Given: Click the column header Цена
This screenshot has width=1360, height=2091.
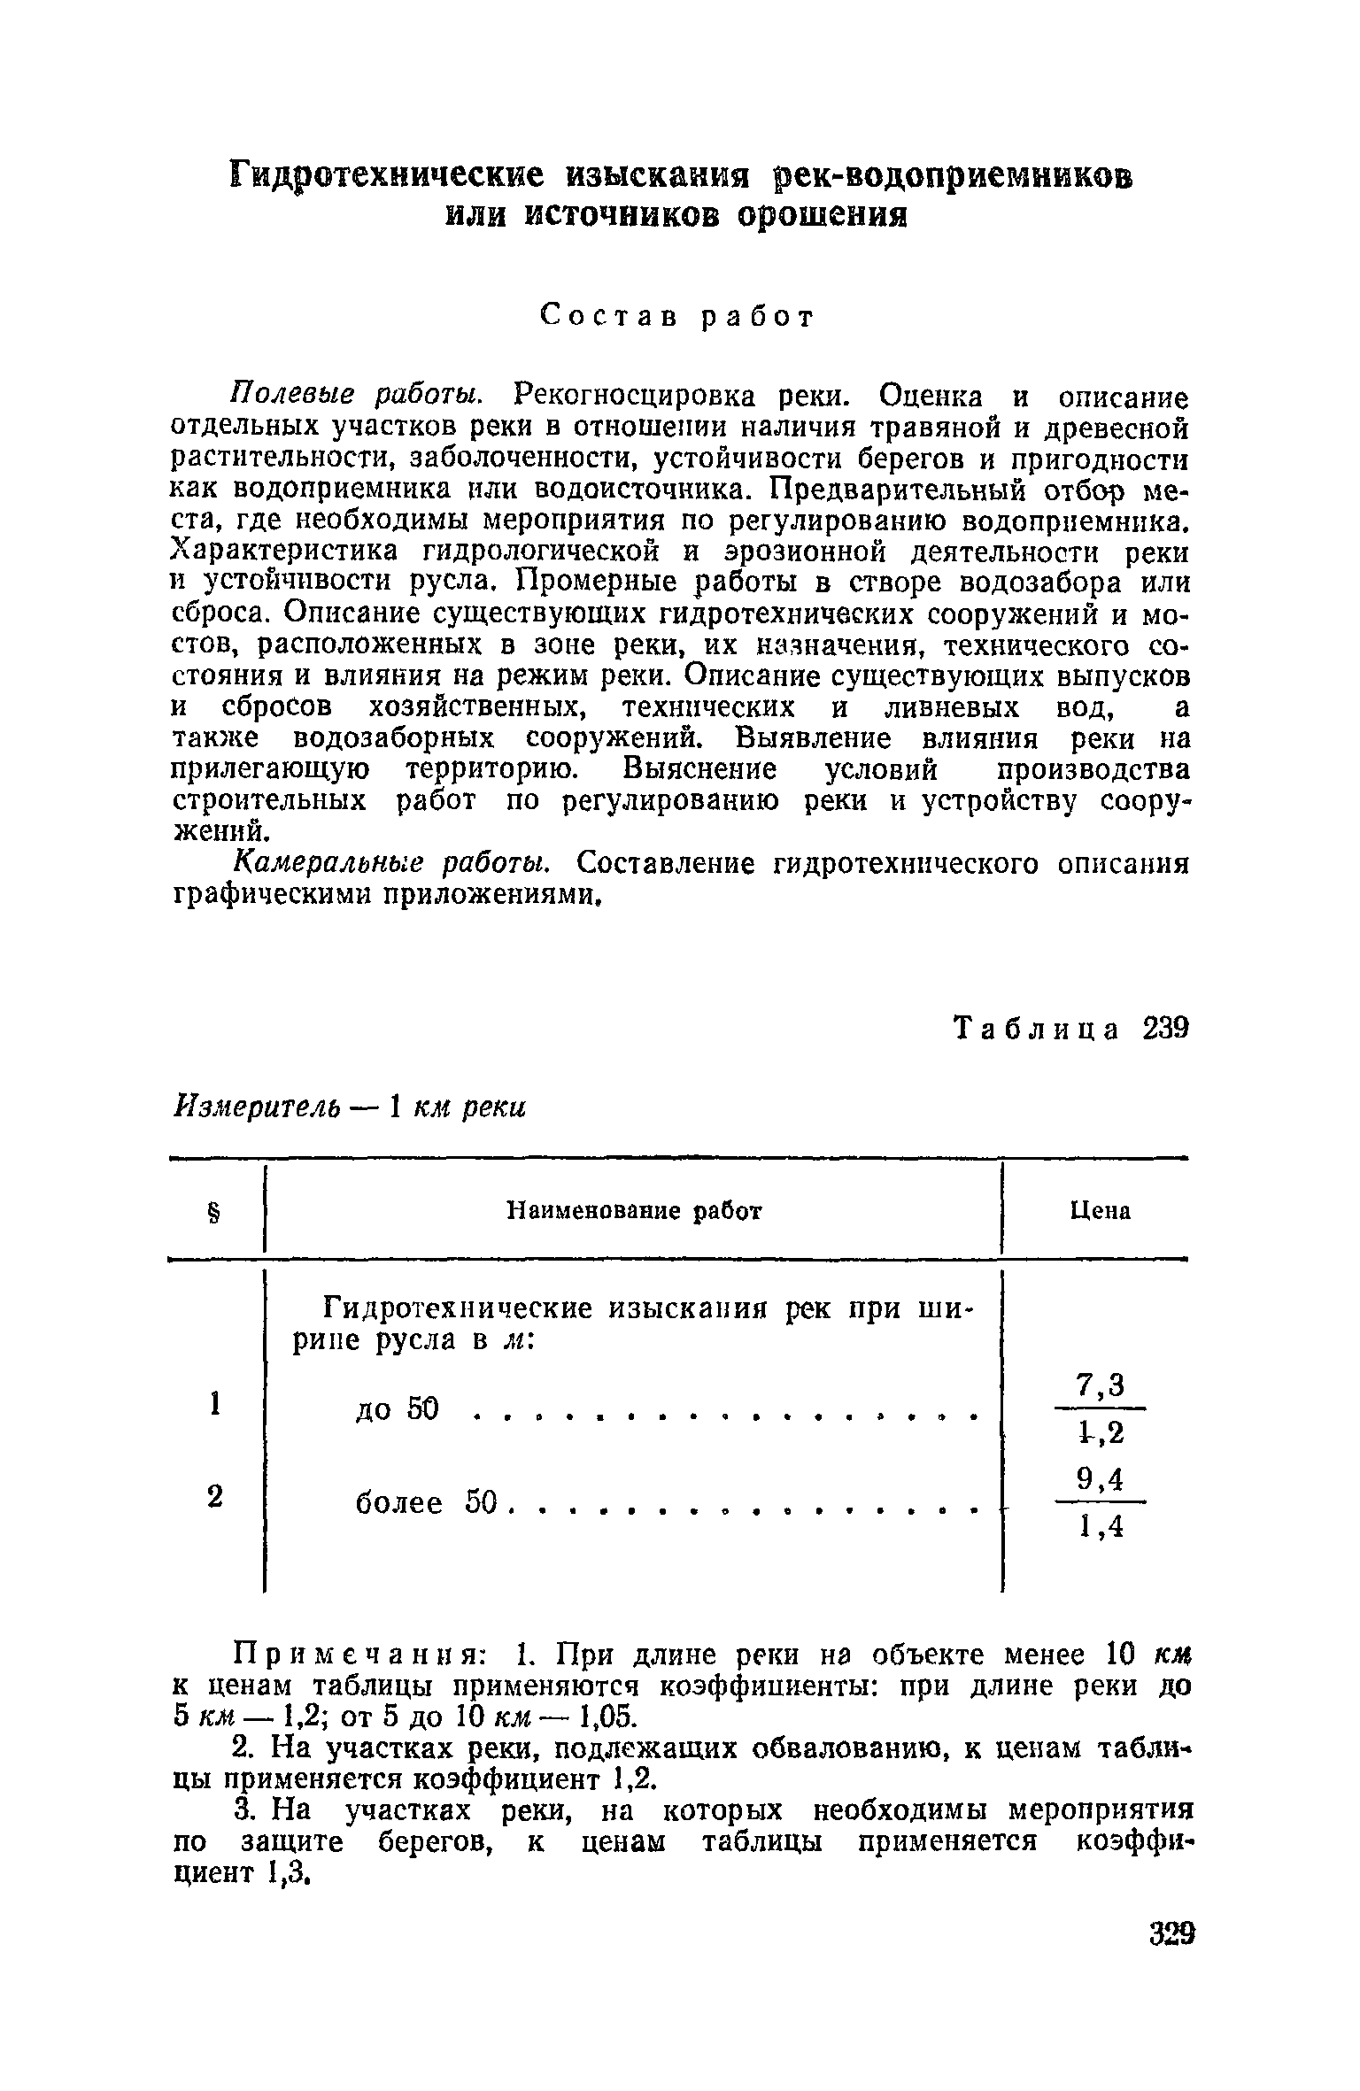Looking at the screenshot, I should click(1101, 1211).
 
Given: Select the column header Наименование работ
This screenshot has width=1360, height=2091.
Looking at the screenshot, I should click(634, 1211).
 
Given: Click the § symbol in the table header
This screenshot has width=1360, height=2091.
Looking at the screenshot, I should click(212, 1211).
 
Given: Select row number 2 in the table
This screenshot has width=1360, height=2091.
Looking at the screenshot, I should click(213, 1497).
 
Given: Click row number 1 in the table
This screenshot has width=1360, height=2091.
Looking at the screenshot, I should click(213, 1405).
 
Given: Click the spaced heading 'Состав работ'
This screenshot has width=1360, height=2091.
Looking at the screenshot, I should click(676, 316).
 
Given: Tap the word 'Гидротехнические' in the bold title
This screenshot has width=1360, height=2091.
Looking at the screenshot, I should click(387, 175).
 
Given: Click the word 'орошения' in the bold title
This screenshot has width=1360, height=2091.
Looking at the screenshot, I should click(811, 215).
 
